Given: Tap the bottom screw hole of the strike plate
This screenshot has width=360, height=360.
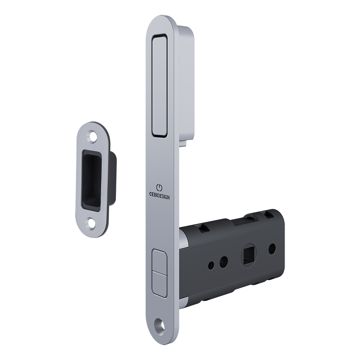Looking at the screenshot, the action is click(x=91, y=222).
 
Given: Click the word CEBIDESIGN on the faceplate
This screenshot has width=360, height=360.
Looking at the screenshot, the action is click(x=159, y=195).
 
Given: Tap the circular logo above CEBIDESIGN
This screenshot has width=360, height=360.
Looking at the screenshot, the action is click(x=159, y=187).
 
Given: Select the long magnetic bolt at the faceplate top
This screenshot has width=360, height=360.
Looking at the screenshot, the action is click(x=160, y=86).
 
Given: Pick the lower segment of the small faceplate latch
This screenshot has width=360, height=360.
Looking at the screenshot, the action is click(x=159, y=284).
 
